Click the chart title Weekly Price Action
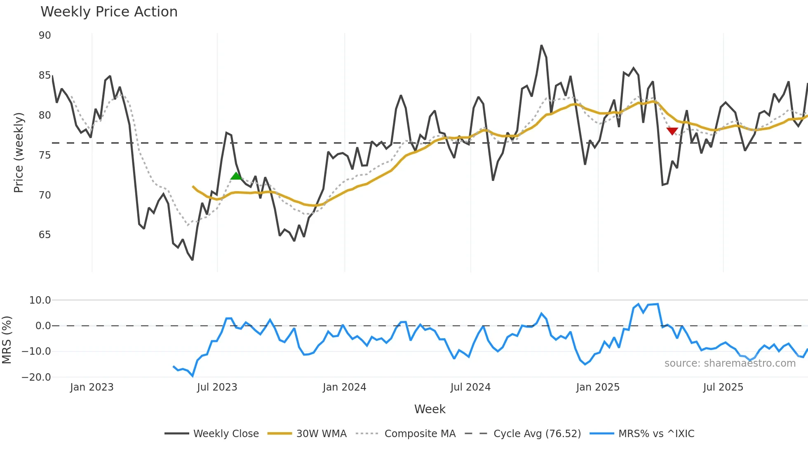109,12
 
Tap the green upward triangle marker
236,176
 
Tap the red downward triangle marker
672,131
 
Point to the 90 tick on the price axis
45,35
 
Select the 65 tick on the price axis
45,235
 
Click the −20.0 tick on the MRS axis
36,377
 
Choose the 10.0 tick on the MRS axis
40,300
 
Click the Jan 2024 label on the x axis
344,387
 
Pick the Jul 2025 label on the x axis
723,387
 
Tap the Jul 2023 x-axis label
217,387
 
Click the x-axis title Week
430,409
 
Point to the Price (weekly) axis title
19,152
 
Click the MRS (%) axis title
7,340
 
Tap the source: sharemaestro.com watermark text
730,363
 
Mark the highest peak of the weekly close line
541,45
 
